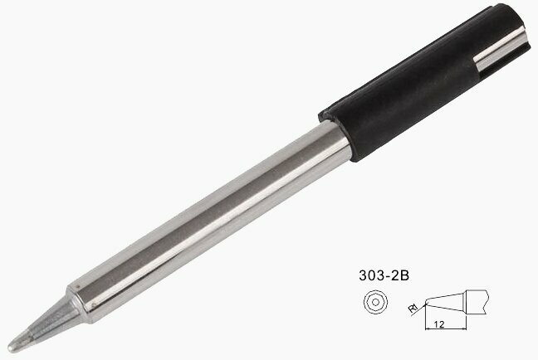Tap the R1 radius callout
click(x=413, y=309)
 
